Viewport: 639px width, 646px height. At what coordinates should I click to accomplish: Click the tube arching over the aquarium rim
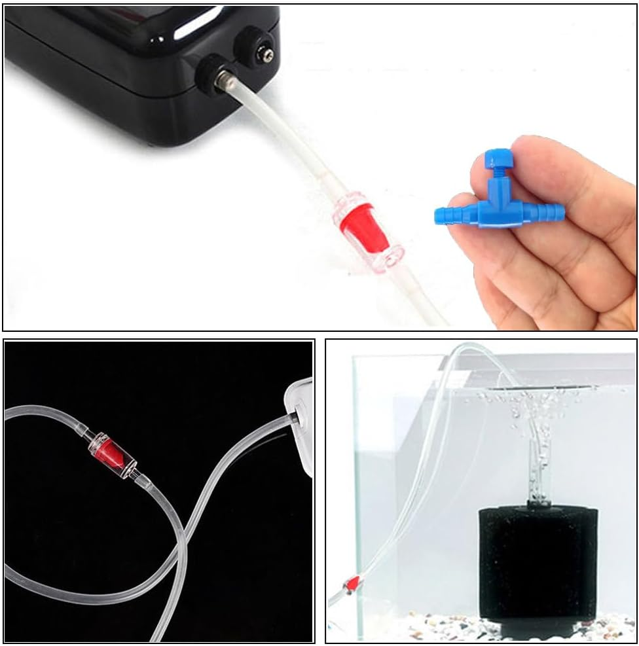tap(458, 357)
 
